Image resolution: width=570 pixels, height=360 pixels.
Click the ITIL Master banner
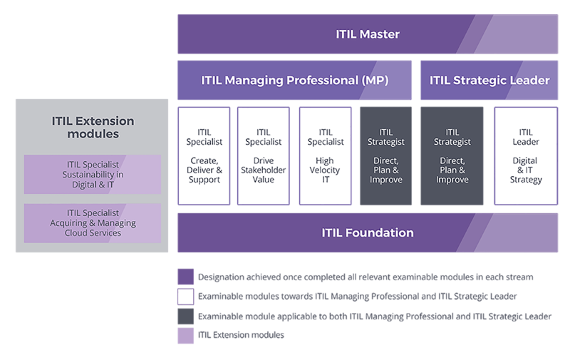coord(367,34)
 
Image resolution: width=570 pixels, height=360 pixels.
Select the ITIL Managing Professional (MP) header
coord(294,80)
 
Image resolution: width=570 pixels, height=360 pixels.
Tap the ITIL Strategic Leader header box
coord(489,80)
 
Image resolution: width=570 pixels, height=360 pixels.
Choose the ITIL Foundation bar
coord(367,232)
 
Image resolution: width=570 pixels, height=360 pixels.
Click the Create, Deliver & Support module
coord(204,155)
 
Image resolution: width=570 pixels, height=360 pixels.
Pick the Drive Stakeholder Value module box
coord(264,155)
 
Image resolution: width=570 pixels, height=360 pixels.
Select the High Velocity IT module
coord(325,155)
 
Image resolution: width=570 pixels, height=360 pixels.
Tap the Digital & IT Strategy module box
coord(525,155)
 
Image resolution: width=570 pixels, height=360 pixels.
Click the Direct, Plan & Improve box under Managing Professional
coord(385,155)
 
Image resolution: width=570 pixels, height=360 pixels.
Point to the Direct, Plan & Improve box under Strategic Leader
coord(452,155)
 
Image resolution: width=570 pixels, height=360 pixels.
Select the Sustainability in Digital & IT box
coord(93,175)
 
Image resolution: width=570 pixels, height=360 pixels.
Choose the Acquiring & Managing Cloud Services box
coord(93,222)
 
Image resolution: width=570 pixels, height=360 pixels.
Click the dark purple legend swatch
coord(185,277)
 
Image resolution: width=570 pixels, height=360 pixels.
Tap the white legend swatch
coord(185,296)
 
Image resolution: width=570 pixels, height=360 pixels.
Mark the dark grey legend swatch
coord(185,316)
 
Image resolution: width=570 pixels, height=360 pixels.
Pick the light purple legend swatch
coord(185,335)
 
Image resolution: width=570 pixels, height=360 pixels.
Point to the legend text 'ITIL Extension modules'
coord(242,335)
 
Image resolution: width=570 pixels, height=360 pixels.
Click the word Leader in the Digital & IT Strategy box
coord(525,142)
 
